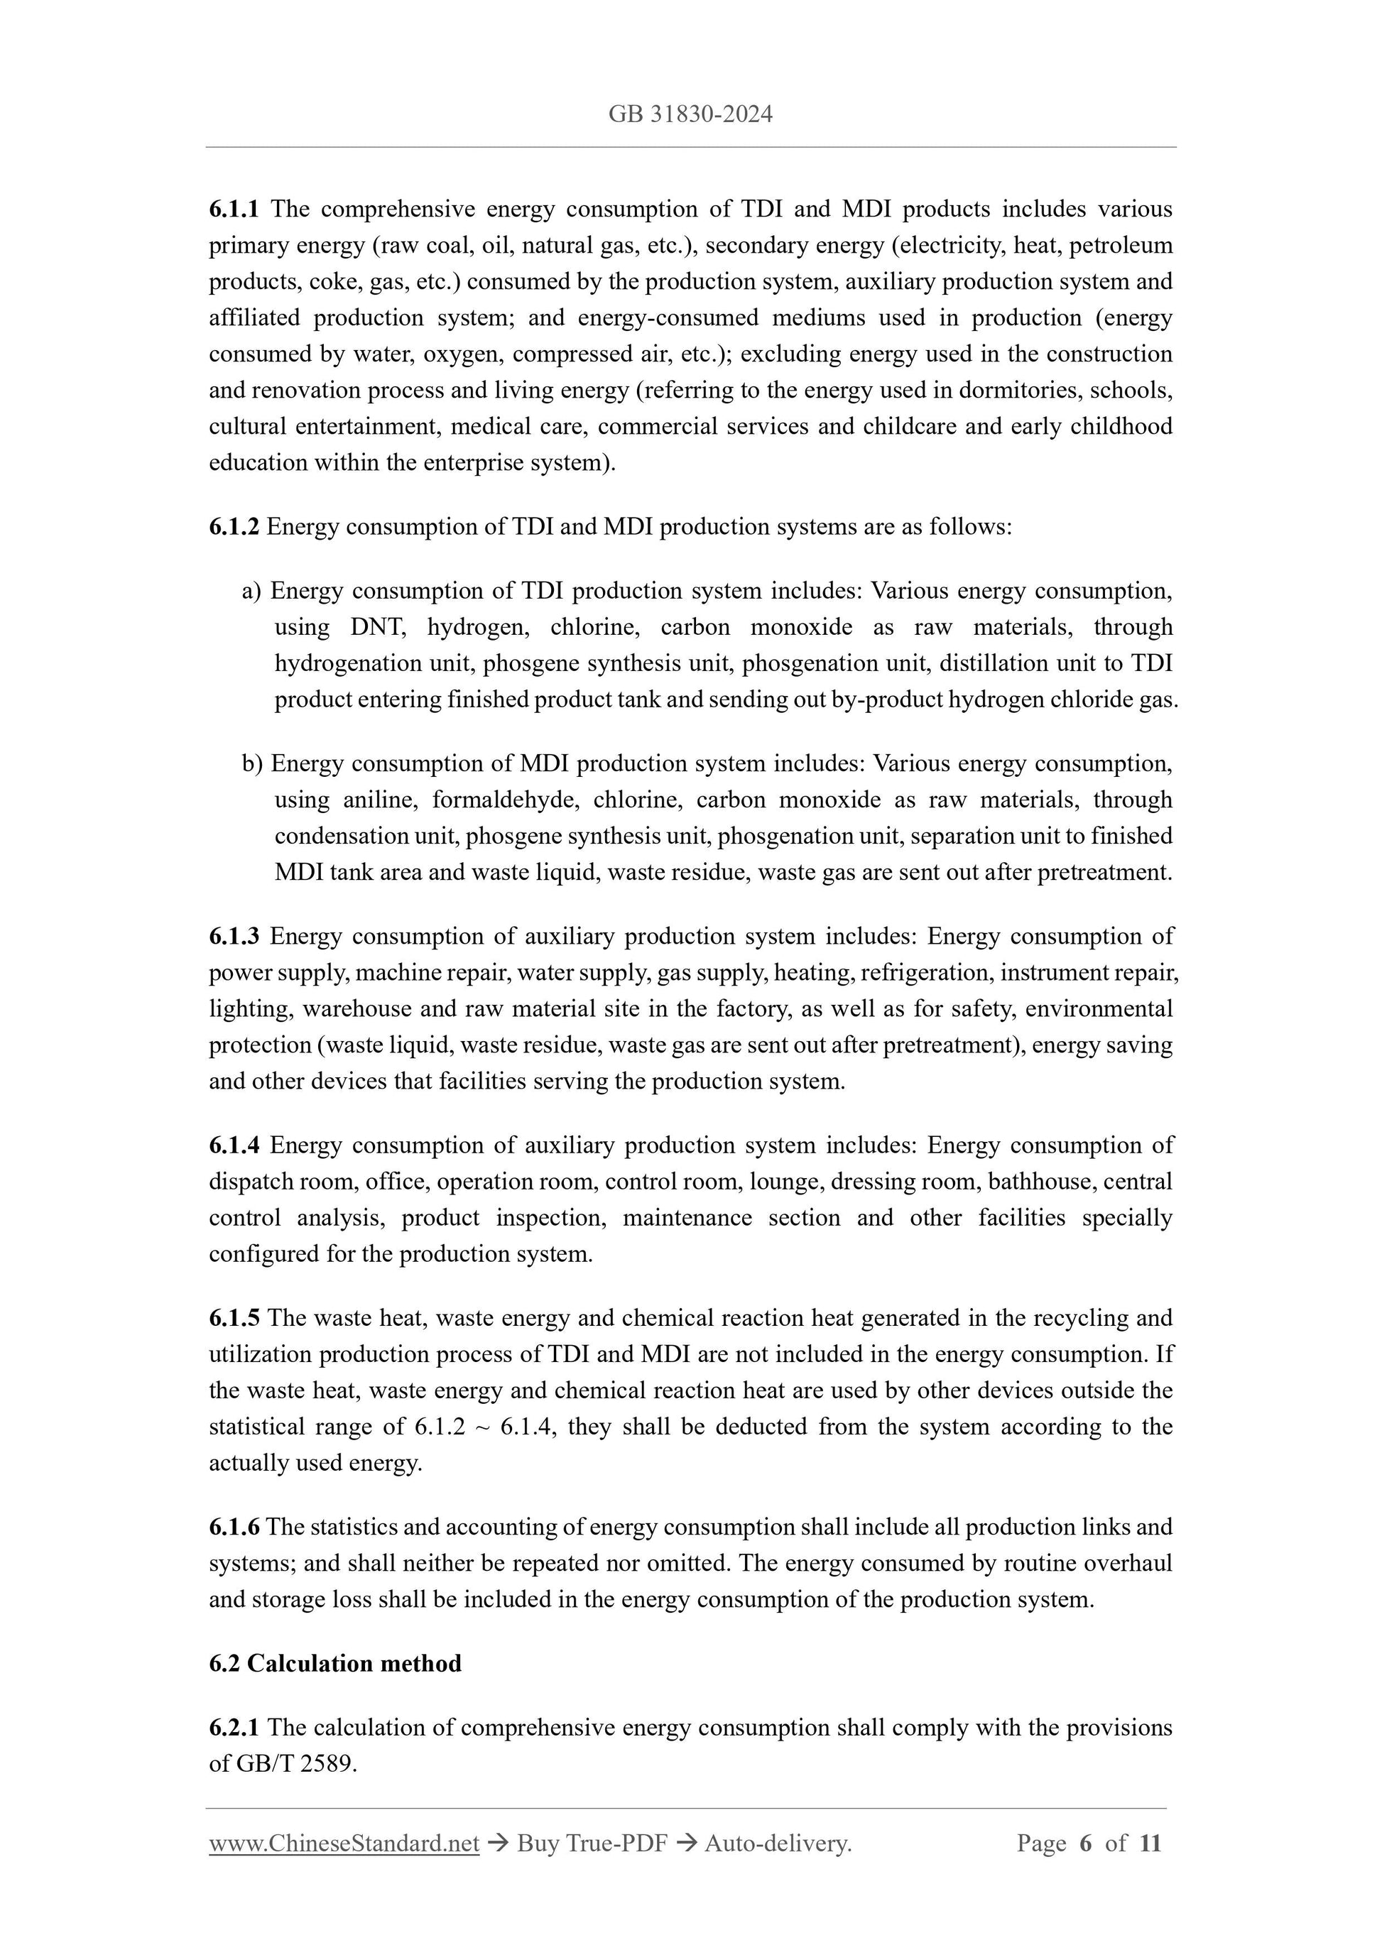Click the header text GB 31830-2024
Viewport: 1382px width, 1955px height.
(690, 114)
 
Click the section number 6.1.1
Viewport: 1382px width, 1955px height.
(234, 209)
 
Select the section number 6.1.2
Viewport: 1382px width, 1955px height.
(234, 527)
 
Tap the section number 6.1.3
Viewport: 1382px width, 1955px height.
(234, 937)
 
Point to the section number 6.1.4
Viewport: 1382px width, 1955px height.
(234, 1145)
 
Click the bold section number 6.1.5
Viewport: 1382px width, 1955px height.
(234, 1318)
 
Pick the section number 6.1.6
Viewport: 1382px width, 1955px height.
(234, 1527)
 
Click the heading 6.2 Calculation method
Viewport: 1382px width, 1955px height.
(334, 1663)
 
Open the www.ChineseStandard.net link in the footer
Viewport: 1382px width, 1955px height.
(344, 1844)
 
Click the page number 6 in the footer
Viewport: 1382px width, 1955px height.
(1085, 1844)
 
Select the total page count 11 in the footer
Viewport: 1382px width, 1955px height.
(1150, 1844)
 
